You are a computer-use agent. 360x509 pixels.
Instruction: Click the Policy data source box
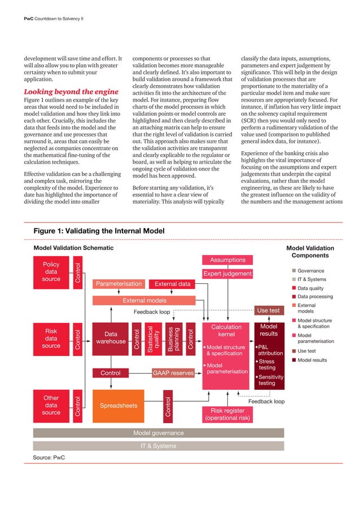tap(51, 271)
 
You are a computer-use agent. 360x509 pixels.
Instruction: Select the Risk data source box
tap(51, 338)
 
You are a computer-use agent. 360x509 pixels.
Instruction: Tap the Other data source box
tap(51, 405)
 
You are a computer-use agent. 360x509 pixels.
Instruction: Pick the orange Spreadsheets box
tap(118, 405)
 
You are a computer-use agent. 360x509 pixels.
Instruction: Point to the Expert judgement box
tap(227, 274)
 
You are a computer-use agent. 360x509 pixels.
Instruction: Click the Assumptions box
tap(227, 260)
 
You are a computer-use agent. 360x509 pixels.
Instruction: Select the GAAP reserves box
tap(174, 373)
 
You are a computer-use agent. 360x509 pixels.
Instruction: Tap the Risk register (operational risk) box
tap(227, 414)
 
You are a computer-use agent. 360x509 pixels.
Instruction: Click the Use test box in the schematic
tap(268, 310)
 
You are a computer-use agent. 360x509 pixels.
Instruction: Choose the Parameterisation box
tap(118, 284)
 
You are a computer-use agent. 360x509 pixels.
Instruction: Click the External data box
tap(172, 284)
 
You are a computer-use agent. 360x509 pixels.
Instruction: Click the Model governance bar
tap(158, 433)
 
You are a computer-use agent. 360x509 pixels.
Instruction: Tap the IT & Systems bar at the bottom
tap(158, 446)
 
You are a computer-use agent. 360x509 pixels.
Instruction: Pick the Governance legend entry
tap(310, 270)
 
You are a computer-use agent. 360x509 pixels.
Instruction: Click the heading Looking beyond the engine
tap(71, 92)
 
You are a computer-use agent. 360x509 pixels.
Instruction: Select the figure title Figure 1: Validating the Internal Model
tap(99, 231)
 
